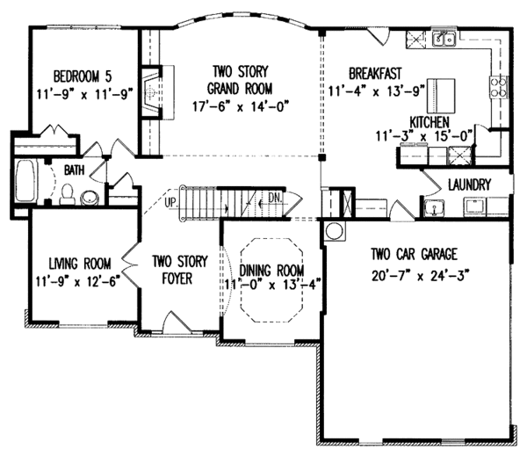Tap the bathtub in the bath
tap(25, 182)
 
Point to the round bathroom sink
tap(89, 197)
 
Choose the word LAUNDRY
tap(468, 185)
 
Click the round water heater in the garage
tap(334, 230)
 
